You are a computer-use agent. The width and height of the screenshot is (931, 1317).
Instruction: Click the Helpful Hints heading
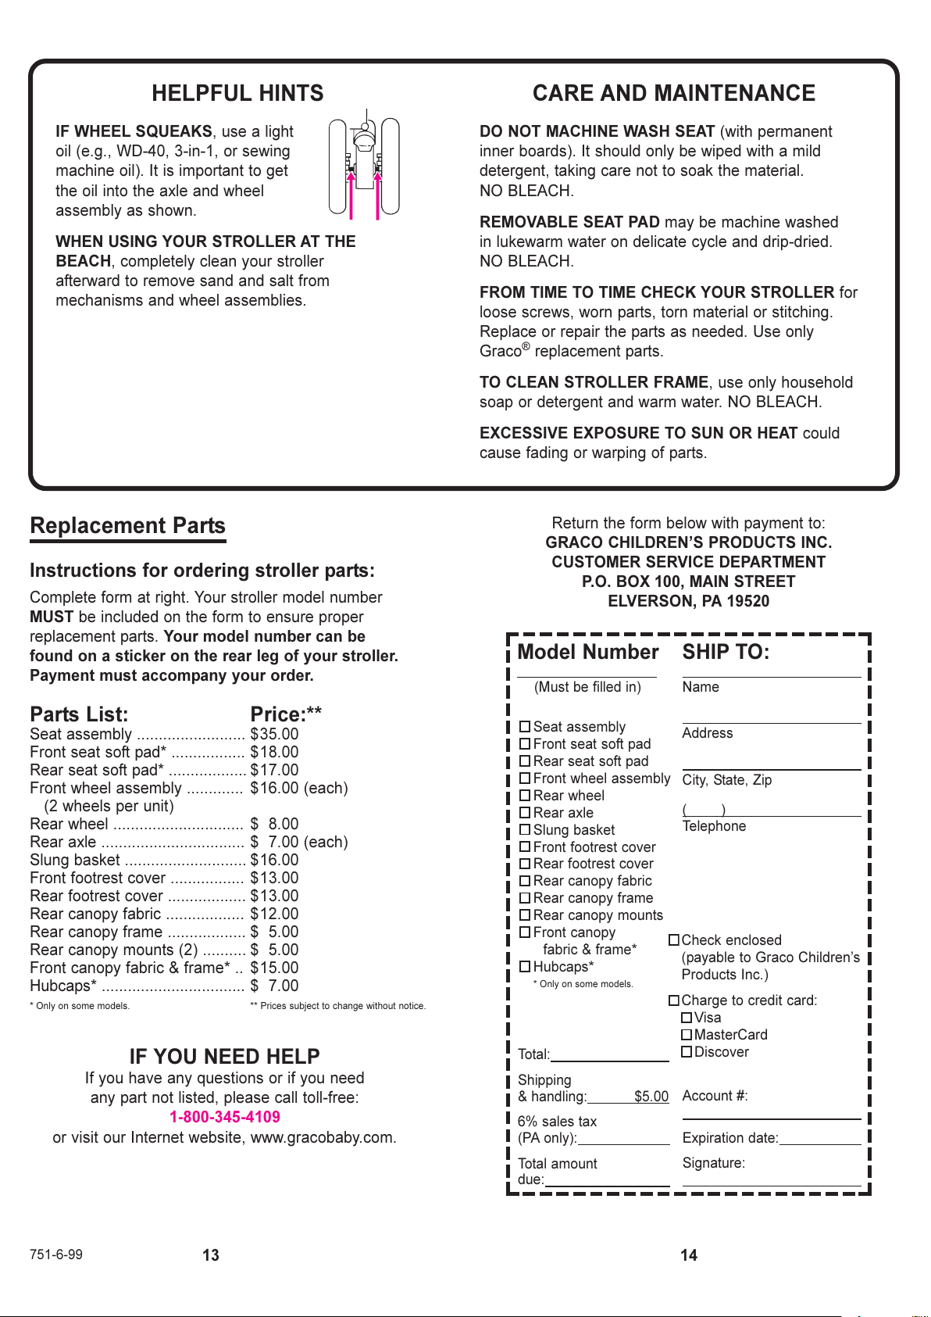tap(237, 94)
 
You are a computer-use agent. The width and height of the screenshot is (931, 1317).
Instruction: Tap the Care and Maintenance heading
tap(673, 94)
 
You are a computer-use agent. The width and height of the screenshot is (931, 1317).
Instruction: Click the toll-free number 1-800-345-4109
tap(225, 1117)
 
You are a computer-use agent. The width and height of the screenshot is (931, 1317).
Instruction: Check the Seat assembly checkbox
tap(525, 727)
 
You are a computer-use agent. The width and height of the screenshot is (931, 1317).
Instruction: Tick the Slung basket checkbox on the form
tap(525, 830)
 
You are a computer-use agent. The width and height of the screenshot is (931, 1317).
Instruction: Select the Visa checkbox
tap(687, 1018)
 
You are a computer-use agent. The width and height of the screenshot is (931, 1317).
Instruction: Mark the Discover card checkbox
tap(687, 1052)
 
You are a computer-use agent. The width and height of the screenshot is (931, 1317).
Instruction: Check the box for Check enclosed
tap(674, 940)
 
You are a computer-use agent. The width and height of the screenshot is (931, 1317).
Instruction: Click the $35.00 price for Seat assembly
tap(274, 734)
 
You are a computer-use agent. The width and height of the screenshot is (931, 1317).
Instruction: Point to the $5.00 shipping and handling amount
tap(651, 1097)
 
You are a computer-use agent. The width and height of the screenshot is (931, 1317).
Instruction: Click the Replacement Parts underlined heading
tap(127, 526)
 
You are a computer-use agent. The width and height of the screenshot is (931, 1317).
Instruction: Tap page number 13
tap(211, 1255)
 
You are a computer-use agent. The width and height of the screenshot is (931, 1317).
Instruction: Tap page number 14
tap(689, 1255)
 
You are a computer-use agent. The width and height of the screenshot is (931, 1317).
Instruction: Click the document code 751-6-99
tap(56, 1254)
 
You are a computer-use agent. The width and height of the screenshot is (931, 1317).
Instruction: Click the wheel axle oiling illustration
tap(364, 166)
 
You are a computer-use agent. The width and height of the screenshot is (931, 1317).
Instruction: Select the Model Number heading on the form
tap(588, 653)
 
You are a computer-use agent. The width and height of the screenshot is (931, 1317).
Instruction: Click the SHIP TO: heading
tap(726, 653)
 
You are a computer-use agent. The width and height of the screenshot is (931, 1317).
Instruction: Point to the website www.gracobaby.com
tap(322, 1137)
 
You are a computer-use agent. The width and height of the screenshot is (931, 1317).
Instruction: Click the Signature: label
tap(713, 1163)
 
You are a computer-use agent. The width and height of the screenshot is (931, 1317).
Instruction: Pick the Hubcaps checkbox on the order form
tap(525, 967)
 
